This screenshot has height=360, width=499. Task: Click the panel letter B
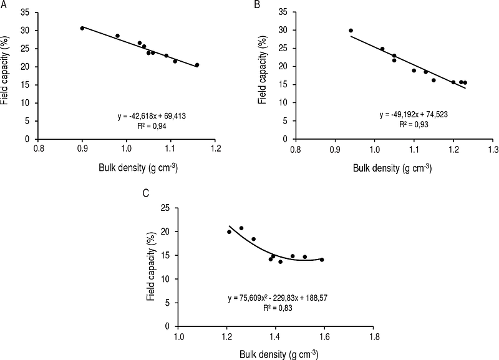(x=257, y=5)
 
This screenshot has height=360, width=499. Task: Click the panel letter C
(x=145, y=193)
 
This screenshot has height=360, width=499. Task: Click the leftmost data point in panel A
(x=82, y=28)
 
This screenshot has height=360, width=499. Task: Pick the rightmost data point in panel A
(x=197, y=65)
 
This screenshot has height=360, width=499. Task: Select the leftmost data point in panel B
(x=351, y=31)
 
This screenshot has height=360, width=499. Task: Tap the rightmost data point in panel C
(x=322, y=260)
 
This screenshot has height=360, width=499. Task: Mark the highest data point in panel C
(x=241, y=228)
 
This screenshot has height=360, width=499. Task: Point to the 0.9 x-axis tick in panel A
(x=82, y=150)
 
